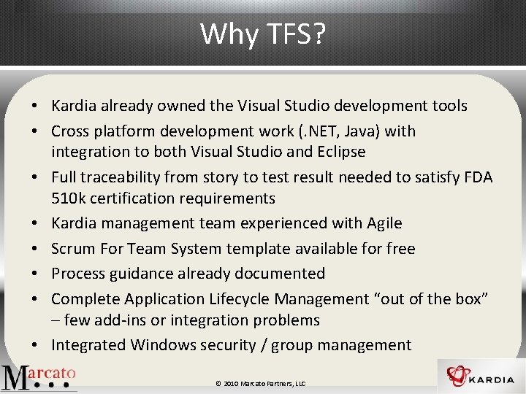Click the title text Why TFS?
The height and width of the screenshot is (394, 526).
click(x=263, y=33)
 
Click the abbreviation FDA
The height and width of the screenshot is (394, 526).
click(x=478, y=177)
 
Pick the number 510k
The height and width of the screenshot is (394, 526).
click(x=69, y=198)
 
